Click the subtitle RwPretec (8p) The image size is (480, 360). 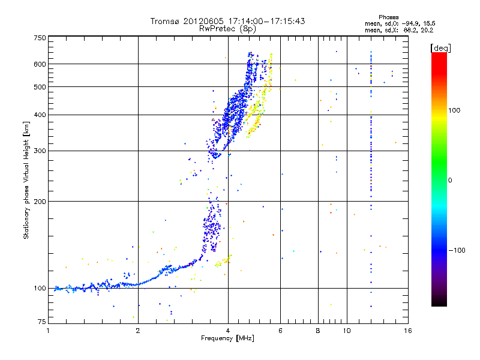(227, 29)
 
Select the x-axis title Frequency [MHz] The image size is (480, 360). (227, 338)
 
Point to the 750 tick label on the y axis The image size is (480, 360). (40, 38)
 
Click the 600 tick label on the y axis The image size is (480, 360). (40, 64)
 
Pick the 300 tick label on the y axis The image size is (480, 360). (40, 151)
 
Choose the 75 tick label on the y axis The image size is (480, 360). (41, 322)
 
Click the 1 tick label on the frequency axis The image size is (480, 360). (48, 331)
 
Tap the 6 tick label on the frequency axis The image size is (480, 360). (280, 331)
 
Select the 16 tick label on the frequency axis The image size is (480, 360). (408, 331)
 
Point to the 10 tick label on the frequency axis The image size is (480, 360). (347, 331)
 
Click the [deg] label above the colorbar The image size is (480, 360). (440, 49)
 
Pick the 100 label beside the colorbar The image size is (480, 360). (454, 110)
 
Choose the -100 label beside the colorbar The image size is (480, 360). (457, 250)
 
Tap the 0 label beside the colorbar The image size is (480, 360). (450, 181)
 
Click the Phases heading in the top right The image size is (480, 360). (388, 17)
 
